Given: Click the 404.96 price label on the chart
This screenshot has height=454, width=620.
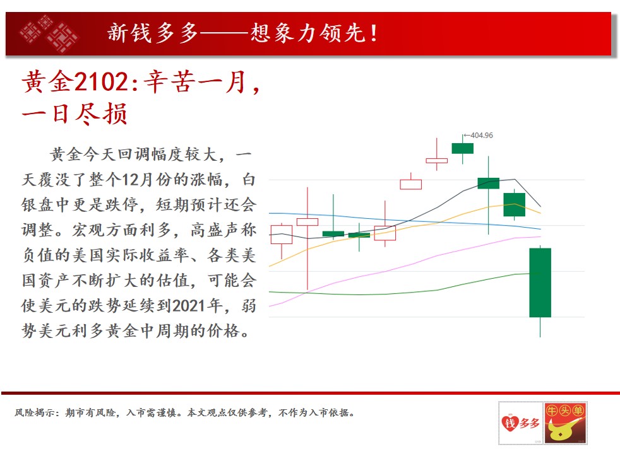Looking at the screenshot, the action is click(482, 136).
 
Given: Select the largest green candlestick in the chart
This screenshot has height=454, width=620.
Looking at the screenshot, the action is click(540, 282).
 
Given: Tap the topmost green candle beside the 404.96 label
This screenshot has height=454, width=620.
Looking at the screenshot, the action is click(463, 148).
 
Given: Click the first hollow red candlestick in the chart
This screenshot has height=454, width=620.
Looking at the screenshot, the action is click(282, 235).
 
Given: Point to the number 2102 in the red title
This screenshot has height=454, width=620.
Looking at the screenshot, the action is click(100, 82).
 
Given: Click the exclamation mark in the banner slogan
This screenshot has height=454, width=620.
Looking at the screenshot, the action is click(373, 33).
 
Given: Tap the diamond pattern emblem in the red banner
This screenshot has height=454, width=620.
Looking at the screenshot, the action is click(49, 33).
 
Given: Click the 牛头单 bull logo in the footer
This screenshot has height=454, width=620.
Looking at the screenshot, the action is click(566, 423).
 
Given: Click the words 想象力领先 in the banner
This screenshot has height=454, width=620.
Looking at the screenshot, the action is click(308, 33).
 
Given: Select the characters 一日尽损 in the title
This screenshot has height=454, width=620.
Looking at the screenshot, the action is click(75, 114).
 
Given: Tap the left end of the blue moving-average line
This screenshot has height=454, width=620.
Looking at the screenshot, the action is click(269, 213).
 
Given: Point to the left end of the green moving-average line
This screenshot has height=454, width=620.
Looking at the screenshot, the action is click(269, 292).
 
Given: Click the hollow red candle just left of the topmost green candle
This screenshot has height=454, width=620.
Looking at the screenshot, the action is click(436, 160).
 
